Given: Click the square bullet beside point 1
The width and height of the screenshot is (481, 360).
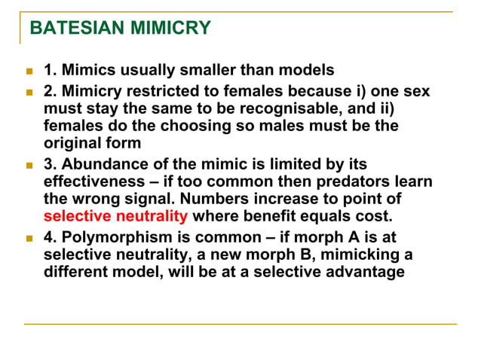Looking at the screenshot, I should point(30,72).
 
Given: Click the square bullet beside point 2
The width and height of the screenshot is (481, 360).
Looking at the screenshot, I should point(30,92).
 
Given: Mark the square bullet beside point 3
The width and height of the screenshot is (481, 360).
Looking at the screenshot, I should point(30,165).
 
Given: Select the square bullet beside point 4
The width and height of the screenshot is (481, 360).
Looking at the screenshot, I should point(30,237).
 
